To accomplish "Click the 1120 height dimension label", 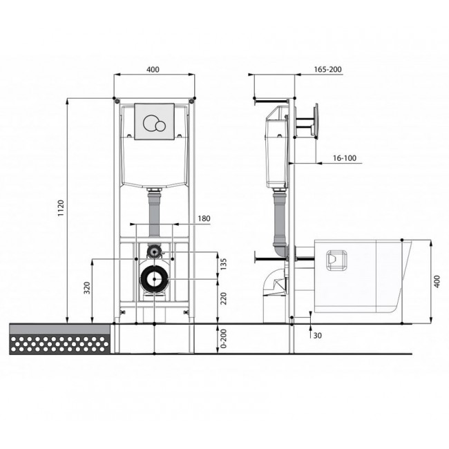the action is (x=61, y=208).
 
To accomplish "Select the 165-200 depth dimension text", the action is (x=327, y=69).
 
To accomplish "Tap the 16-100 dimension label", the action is (x=345, y=158).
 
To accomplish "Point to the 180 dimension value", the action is (x=204, y=218).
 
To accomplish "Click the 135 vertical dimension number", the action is (x=224, y=265).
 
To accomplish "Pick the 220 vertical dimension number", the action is (x=224, y=298).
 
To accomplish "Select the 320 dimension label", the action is (x=87, y=288).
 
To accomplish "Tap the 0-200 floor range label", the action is (x=224, y=338).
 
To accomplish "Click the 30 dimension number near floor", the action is (x=317, y=335).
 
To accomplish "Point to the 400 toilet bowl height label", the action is (x=437, y=281).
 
